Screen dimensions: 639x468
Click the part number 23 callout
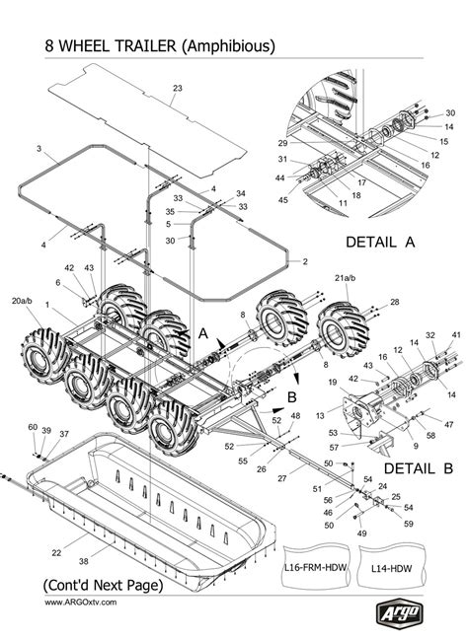[177, 89]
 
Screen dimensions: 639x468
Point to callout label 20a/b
[22, 300]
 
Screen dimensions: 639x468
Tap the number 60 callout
[33, 427]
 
